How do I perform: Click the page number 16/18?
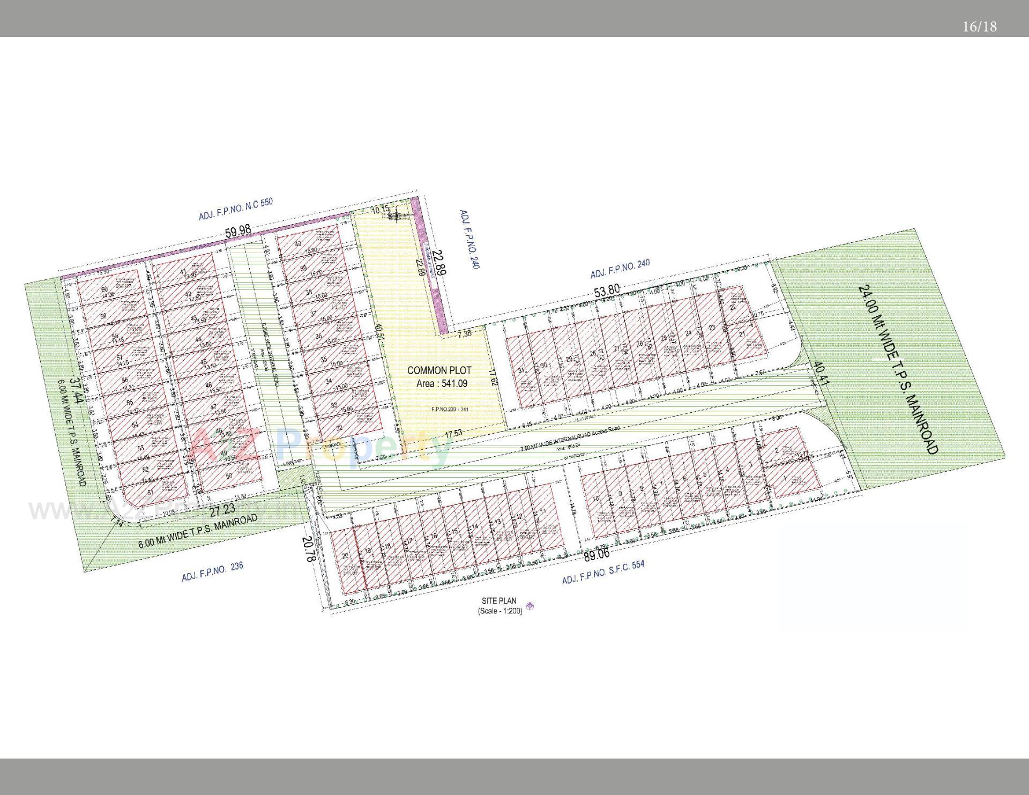tap(979, 27)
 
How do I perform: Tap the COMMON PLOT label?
tap(439, 370)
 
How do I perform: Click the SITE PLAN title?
tap(499, 601)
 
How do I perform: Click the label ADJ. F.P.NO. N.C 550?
tap(236, 209)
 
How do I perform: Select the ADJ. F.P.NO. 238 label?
tap(212, 572)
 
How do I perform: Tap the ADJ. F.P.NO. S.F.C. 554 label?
tap(603, 573)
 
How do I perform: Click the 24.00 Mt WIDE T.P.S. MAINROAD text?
tap(898, 369)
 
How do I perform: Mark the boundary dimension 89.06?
tap(596, 555)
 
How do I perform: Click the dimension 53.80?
tap(607, 291)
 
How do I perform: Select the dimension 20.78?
tap(309, 549)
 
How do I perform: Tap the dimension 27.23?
tap(222, 509)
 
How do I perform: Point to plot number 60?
tap(104, 290)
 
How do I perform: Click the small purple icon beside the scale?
tap(530, 606)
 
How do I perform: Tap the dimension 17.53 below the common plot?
tap(453, 433)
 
